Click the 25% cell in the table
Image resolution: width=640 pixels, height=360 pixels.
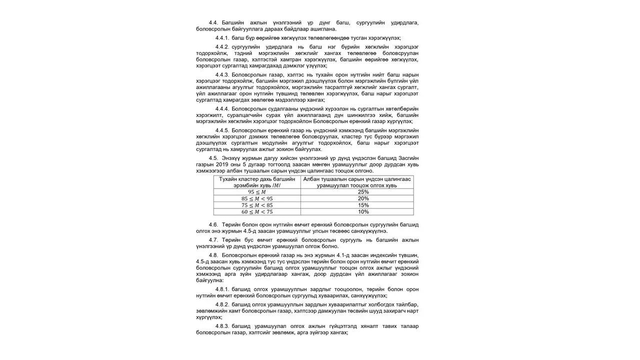(x=363, y=192)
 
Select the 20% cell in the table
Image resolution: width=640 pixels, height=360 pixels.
(x=363, y=198)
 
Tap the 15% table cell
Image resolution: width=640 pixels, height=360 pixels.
(x=363, y=205)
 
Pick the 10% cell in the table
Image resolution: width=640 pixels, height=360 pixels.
(x=363, y=211)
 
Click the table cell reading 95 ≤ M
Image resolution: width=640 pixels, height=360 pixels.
(x=257, y=192)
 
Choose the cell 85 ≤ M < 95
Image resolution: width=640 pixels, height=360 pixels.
(x=257, y=198)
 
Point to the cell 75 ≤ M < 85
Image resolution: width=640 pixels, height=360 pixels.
(x=257, y=205)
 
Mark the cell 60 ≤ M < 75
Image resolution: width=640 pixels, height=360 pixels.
(x=257, y=211)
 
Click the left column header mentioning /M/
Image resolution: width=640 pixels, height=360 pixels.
(x=257, y=182)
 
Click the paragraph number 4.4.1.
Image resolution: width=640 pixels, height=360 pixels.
(x=222, y=38)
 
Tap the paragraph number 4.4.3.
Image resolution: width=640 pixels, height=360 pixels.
(x=222, y=74)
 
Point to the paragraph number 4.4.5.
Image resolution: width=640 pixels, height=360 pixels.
(x=222, y=130)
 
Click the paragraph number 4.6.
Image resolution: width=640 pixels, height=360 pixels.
(x=213, y=224)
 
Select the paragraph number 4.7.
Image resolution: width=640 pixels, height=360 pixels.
(x=213, y=239)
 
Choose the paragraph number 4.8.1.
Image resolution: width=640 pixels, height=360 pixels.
(x=222, y=289)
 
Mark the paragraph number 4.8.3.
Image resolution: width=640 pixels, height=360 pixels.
(x=222, y=326)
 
